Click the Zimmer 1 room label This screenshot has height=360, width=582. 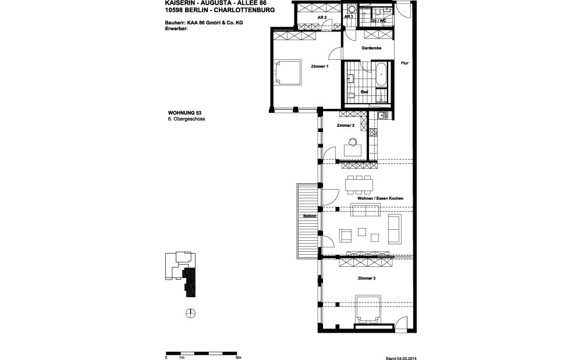(x=320, y=67)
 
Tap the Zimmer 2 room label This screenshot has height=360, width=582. (x=345, y=125)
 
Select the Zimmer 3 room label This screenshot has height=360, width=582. (x=367, y=279)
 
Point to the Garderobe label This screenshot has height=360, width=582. (x=371, y=49)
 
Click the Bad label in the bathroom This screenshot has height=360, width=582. (x=364, y=92)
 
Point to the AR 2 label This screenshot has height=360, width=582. (x=321, y=18)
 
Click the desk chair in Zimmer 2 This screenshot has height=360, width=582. (x=352, y=141)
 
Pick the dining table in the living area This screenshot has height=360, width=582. (x=359, y=186)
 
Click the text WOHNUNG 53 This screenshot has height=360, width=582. (x=184, y=113)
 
